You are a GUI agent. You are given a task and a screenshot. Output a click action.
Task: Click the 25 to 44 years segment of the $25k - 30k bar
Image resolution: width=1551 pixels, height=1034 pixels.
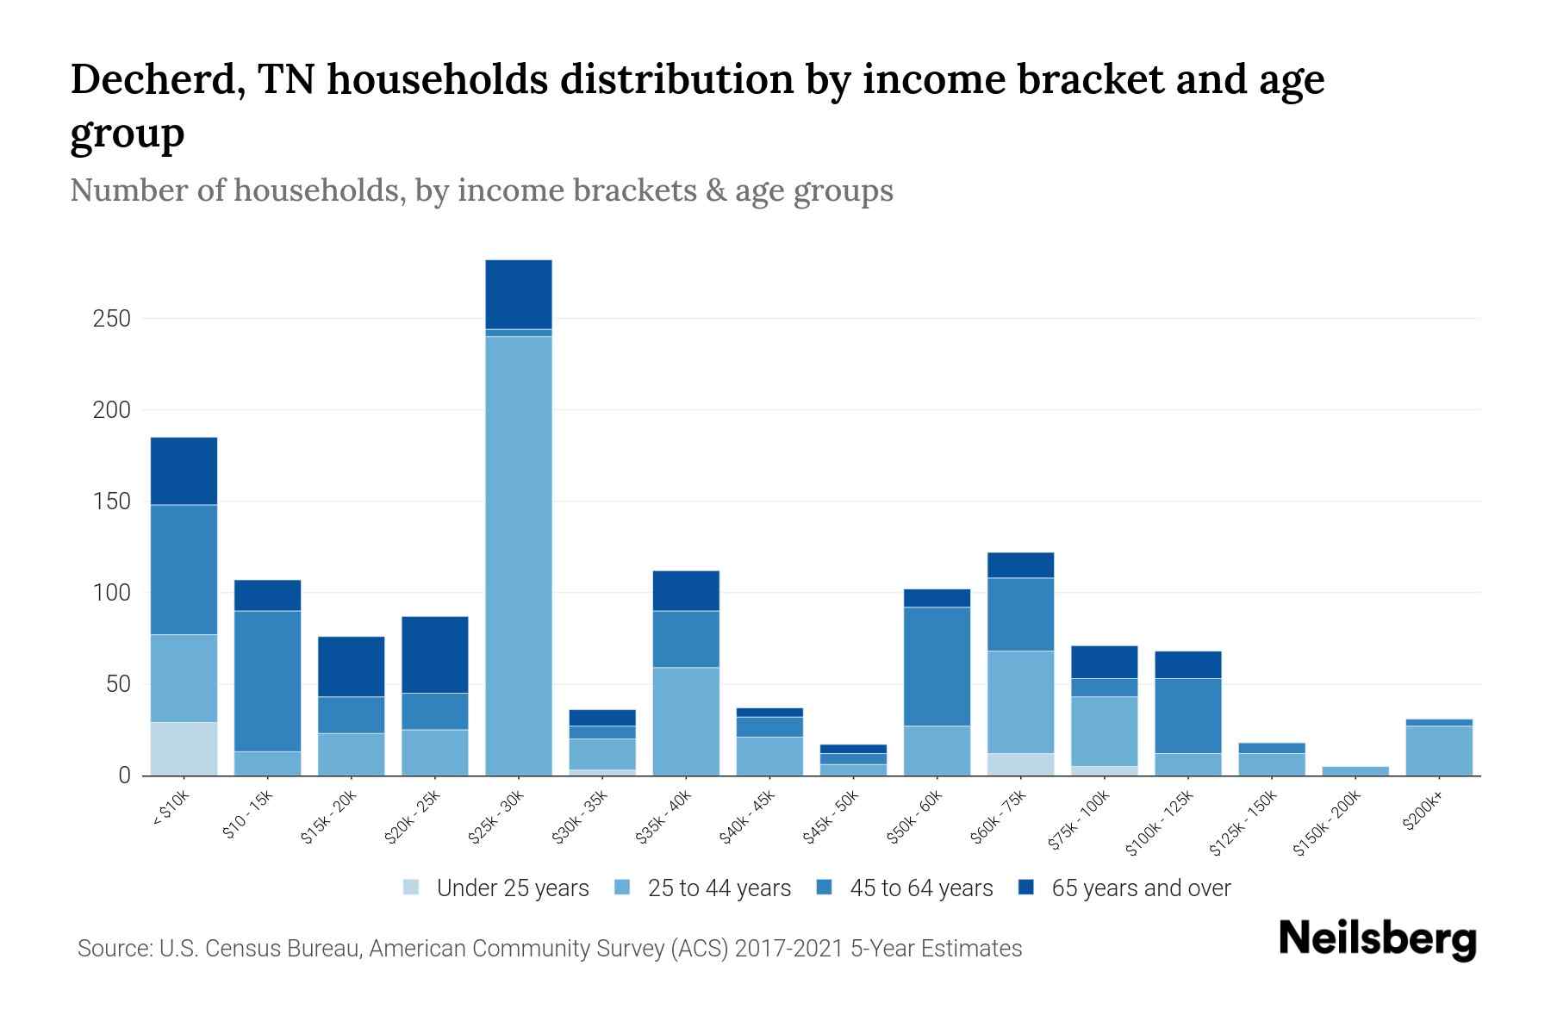pyautogui.click(x=519, y=556)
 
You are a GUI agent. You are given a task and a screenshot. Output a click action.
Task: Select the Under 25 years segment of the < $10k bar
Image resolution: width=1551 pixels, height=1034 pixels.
pyautogui.click(x=184, y=749)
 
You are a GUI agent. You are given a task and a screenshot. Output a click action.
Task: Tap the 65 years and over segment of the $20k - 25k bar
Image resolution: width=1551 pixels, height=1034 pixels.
pyautogui.click(x=435, y=655)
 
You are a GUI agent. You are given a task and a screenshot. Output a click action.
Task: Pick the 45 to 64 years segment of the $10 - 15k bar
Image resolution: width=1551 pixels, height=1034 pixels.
pyautogui.click(x=267, y=681)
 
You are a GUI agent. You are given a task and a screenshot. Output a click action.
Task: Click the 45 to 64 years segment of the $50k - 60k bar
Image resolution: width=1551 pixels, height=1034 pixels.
pyautogui.click(x=937, y=666)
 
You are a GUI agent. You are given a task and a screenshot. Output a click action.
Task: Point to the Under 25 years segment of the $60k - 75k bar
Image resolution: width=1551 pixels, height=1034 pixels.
pyautogui.click(x=1020, y=764)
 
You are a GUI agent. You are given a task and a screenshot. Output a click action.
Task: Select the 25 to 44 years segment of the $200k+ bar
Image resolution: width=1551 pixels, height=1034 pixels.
pyautogui.click(x=1439, y=751)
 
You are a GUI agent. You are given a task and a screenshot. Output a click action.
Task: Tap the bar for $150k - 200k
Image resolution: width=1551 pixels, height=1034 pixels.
pyautogui.click(x=1355, y=771)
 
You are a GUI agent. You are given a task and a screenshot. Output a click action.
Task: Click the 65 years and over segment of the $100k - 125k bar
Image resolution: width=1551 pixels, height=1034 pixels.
pyautogui.click(x=1187, y=664)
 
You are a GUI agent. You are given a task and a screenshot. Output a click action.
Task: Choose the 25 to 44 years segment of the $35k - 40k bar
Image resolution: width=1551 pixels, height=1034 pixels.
pyautogui.click(x=686, y=721)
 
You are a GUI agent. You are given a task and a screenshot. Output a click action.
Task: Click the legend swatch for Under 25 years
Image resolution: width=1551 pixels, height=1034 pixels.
pyautogui.click(x=411, y=888)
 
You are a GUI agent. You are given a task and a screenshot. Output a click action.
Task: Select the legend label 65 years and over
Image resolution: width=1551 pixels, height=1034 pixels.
pyautogui.click(x=1141, y=888)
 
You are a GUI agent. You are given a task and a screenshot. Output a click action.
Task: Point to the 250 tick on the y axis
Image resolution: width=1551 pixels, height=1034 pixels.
pyautogui.click(x=112, y=319)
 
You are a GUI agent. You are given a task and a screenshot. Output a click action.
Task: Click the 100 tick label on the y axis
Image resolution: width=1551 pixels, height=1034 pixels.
pyautogui.click(x=112, y=593)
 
